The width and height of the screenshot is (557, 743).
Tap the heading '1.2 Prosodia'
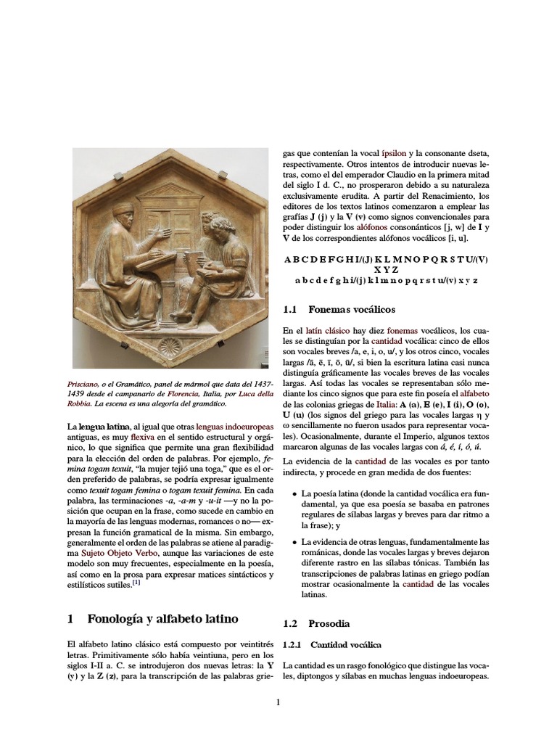point(329,623)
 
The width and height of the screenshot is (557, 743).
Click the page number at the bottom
point(278,702)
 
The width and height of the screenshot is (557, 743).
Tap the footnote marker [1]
point(136,582)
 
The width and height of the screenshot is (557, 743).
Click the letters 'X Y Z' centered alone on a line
point(387,269)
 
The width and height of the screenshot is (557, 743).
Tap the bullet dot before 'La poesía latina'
point(294,494)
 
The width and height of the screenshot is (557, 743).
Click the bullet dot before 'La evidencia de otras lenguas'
point(294,542)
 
